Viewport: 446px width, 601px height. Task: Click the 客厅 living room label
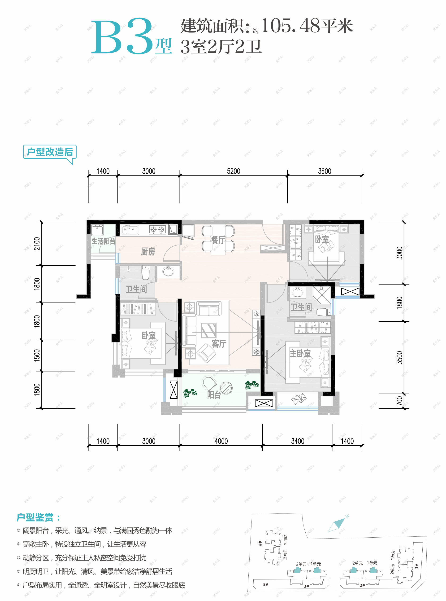coord(219,344)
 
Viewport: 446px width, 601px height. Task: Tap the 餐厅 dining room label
coord(218,240)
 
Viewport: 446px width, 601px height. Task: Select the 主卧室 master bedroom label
coord(300,353)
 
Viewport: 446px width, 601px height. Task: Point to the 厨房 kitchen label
coord(148,252)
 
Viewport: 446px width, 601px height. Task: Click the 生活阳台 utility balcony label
coord(103,241)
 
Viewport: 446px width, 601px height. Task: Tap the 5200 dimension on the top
coord(233,171)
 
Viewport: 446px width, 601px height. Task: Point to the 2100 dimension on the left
coord(37,243)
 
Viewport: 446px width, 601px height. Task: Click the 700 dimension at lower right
coord(400,401)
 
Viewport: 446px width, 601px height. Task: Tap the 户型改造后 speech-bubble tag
coord(50,152)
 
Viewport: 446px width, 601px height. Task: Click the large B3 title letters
coord(123,37)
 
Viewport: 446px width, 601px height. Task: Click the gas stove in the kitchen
coord(158,230)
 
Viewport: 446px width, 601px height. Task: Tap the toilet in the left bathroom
coord(146,273)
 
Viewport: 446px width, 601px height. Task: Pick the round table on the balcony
coord(226,388)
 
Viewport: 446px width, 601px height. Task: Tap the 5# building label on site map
coord(266,584)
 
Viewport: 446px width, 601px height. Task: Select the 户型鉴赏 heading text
coord(35,518)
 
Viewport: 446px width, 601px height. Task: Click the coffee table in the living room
coord(209,330)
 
